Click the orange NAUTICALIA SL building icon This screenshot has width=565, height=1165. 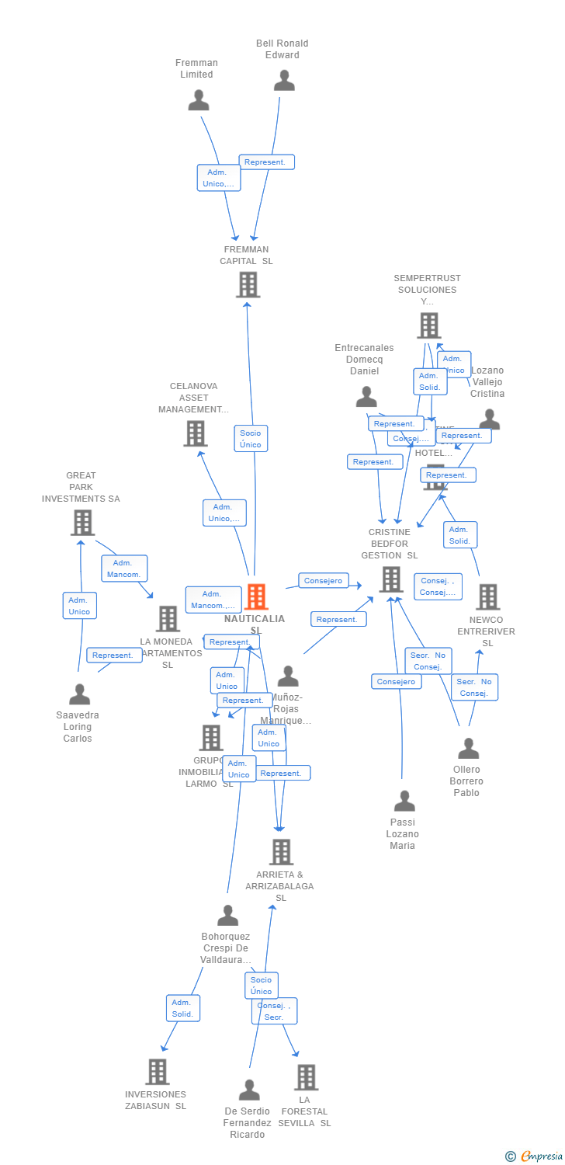256,596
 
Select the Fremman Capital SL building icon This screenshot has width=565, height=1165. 248,285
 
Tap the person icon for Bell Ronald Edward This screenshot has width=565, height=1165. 284,81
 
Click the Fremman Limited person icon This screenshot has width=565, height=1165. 199,100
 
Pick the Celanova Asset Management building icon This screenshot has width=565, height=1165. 196,433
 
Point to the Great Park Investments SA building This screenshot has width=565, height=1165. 82,523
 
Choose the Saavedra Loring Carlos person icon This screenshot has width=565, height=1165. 79,694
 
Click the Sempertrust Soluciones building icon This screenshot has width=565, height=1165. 428,325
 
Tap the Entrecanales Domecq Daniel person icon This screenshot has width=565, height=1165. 366,397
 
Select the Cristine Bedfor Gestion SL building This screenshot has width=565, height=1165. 391,579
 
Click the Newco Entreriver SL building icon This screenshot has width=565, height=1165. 487,597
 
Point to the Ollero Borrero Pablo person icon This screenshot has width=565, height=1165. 468,749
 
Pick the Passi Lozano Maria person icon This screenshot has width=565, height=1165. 404,801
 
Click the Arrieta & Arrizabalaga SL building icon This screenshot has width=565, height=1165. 281,852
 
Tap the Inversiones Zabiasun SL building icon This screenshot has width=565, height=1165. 157,1072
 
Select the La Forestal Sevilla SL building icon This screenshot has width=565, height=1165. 306,1077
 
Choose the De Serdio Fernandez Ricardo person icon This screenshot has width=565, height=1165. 249,1090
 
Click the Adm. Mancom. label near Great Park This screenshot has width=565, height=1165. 124,569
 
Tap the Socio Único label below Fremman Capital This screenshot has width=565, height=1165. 251,439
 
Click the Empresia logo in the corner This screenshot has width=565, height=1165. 535,1156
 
